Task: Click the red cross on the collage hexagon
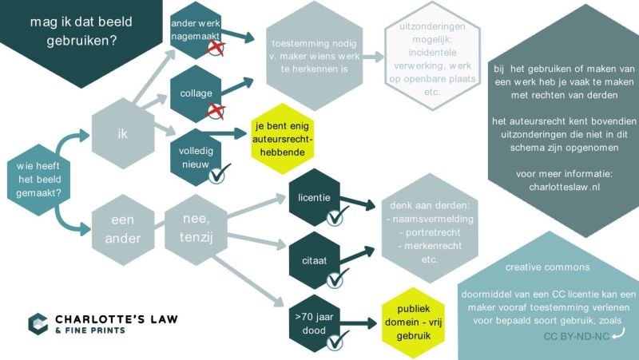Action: (x=216, y=111)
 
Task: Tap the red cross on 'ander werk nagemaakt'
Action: (x=216, y=48)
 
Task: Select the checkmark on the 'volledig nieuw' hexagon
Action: (x=219, y=173)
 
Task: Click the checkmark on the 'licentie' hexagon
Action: (x=336, y=216)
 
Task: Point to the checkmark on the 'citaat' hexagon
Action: (x=337, y=278)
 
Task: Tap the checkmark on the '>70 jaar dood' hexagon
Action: (x=337, y=341)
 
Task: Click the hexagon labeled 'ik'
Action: (x=123, y=133)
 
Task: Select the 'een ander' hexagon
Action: (x=123, y=229)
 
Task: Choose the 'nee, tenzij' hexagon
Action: (x=196, y=230)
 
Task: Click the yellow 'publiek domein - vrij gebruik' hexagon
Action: (x=413, y=322)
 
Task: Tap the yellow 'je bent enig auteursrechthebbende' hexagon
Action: (x=282, y=139)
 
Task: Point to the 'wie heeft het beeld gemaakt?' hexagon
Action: (x=38, y=180)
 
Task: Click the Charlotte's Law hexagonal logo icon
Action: (x=38, y=324)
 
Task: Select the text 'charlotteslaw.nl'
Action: (x=564, y=187)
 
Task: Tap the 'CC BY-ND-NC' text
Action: (x=576, y=336)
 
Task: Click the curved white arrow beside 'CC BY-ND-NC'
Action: (x=618, y=333)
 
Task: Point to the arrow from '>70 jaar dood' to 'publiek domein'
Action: (x=358, y=323)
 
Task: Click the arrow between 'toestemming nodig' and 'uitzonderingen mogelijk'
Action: (x=373, y=57)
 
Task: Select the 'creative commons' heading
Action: (x=547, y=267)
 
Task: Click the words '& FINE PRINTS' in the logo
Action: (x=90, y=330)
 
